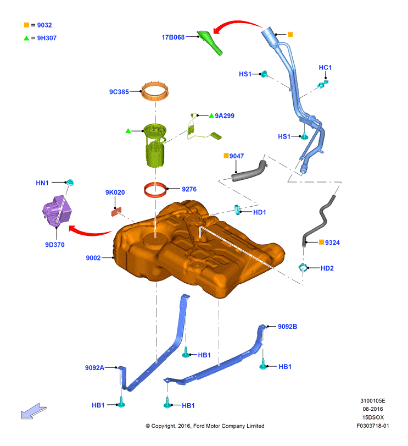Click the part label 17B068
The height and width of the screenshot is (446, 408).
pos(173,37)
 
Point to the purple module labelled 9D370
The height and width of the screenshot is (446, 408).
pos(57,211)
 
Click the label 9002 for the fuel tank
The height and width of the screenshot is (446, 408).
pos(93,258)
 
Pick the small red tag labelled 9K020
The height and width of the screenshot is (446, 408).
pos(116,212)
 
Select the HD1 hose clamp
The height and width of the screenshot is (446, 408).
pos(238,210)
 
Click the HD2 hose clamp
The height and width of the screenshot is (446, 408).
pos(303,268)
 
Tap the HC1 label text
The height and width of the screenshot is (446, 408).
pos(325,68)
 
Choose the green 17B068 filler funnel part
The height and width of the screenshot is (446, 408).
pos(210,42)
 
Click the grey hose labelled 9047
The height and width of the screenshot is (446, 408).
pos(249,171)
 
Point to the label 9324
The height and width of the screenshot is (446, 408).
pos(332,243)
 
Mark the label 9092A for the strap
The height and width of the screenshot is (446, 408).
pos(94,368)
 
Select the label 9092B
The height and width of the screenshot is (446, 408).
pos(287,327)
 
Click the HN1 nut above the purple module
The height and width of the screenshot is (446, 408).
pos(69,183)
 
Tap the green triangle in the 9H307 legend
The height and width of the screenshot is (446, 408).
pos(26,38)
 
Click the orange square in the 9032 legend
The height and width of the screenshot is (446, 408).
pos(26,25)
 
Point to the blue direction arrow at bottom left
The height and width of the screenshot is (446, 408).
pos(33,411)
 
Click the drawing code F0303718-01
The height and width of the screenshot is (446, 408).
pos(373,426)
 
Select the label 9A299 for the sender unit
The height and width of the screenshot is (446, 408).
pos(224,116)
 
